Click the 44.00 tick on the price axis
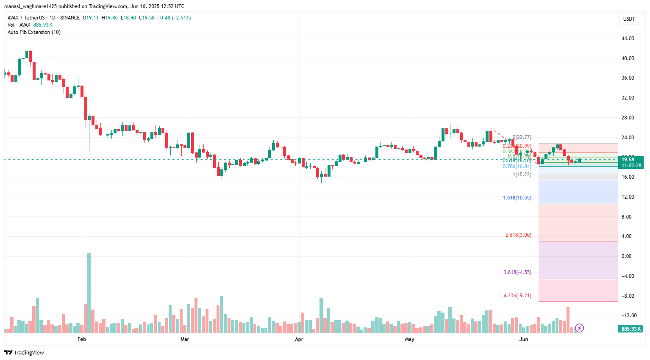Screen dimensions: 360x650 click(628, 39)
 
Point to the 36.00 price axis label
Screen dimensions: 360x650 click(628, 78)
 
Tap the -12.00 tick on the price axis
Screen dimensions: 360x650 click(628, 316)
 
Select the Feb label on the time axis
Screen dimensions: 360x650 click(82, 339)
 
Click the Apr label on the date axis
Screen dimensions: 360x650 click(299, 339)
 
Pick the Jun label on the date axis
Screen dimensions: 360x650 click(524, 339)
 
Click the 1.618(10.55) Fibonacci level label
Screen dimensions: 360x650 click(517, 198)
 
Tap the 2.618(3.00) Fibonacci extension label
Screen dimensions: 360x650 click(518, 235)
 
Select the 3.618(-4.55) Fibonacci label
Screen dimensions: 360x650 click(517, 272)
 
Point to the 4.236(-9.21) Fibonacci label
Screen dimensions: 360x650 click(517, 296)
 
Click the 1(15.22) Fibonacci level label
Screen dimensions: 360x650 click(522, 174)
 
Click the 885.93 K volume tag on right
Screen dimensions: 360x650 click(631, 329)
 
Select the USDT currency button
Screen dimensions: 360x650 click(629, 19)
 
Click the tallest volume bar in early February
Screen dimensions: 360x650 click(89, 292)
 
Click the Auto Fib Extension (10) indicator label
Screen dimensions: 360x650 click(34, 32)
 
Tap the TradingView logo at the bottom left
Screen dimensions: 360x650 click(24, 352)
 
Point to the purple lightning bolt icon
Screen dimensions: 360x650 click(579, 328)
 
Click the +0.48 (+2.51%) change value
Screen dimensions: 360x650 click(174, 18)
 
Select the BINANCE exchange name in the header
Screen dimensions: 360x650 click(70, 18)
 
